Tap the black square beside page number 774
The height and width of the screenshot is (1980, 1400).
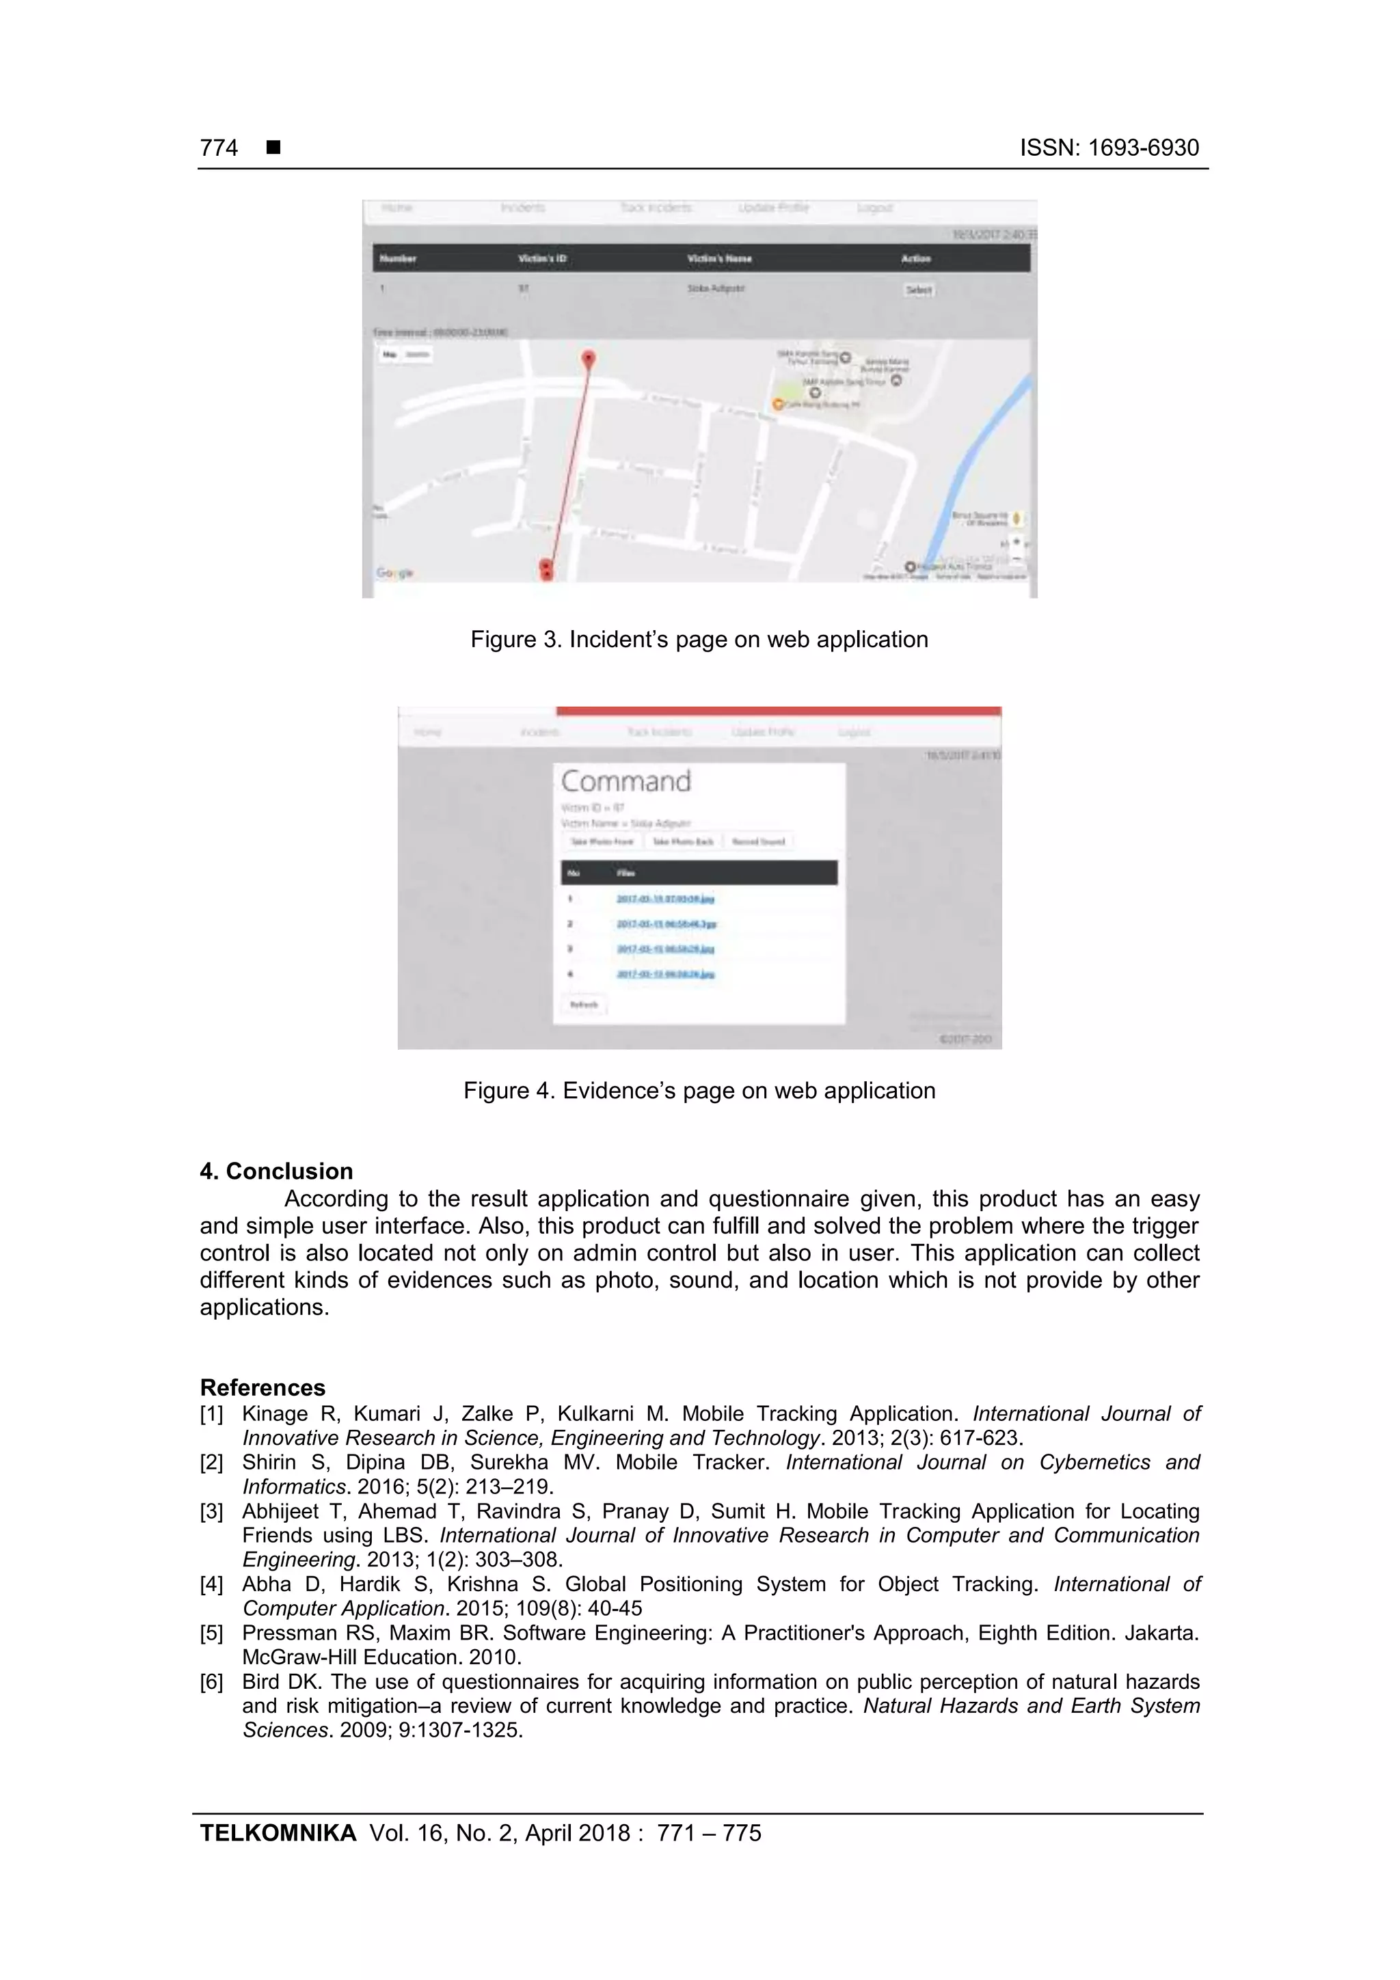pos(273,148)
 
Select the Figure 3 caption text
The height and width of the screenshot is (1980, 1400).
pos(699,640)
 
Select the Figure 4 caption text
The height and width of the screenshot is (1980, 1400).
pos(699,1091)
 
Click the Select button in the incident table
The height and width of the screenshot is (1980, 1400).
pos(918,290)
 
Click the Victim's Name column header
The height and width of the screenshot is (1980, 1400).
pos(718,259)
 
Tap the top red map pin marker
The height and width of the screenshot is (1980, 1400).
pos(589,358)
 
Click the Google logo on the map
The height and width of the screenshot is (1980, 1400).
pos(394,573)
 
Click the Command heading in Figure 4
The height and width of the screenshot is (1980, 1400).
pos(625,781)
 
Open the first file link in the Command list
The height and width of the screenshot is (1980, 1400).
pos(664,899)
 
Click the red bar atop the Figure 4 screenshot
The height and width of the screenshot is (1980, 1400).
pos(778,711)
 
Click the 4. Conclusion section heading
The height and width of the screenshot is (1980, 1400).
pos(276,1171)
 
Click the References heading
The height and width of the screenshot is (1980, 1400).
pos(262,1387)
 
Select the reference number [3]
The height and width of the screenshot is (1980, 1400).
pos(211,1512)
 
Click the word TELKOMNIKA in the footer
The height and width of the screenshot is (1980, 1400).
pos(278,1834)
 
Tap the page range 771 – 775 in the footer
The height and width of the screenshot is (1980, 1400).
pos(708,1834)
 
